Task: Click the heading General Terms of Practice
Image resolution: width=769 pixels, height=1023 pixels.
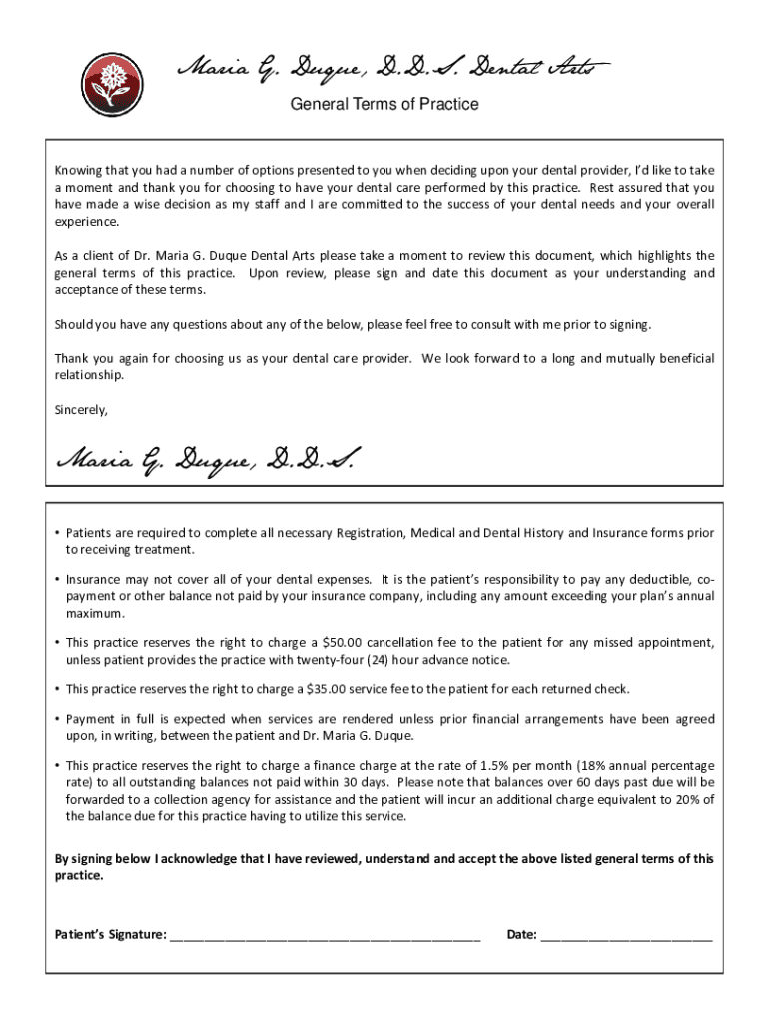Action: click(x=384, y=104)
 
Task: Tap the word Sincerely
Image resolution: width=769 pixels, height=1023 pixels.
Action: click(x=81, y=410)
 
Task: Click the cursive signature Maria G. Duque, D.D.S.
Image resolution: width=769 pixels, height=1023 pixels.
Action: click(x=205, y=461)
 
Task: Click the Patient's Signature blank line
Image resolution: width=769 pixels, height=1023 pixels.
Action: click(x=326, y=936)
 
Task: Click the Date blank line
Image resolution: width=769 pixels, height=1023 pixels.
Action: click(x=626, y=936)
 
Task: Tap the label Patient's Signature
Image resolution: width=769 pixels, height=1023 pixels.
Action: click(x=110, y=935)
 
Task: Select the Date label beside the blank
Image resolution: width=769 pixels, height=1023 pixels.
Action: click(x=521, y=935)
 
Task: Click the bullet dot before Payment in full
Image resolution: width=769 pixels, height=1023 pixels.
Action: click(x=57, y=719)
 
